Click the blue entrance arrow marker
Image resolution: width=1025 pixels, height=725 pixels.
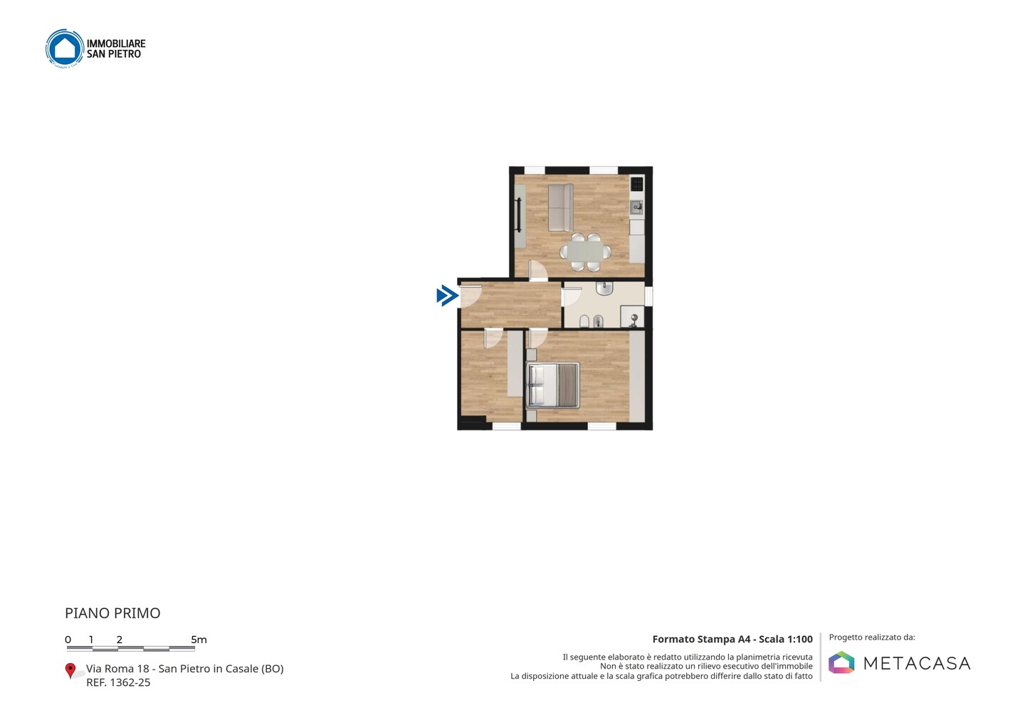(448, 296)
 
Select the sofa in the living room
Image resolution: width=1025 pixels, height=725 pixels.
(561, 208)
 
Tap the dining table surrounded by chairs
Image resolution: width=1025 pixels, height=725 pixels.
(585, 251)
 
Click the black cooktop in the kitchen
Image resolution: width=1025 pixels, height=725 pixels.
(636, 184)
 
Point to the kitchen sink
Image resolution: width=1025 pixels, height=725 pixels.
(636, 208)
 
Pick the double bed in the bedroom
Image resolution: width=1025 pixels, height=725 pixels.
(553, 385)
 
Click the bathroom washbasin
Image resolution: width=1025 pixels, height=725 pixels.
(604, 288)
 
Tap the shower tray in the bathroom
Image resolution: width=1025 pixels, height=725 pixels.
(632, 317)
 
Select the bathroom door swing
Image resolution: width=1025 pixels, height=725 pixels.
(572, 296)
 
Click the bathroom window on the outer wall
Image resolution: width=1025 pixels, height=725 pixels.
(648, 296)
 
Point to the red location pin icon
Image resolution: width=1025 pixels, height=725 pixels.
(70, 671)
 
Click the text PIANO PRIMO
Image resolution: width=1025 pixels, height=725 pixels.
(112, 613)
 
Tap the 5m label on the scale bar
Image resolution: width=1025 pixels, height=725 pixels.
(199, 640)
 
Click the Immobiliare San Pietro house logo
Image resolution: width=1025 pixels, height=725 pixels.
(65, 48)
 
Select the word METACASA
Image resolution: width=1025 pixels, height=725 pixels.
(917, 663)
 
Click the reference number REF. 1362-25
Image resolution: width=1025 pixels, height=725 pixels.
(118, 682)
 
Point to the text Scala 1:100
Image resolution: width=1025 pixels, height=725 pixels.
(786, 639)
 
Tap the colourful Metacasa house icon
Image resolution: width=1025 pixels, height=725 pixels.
(841, 662)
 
